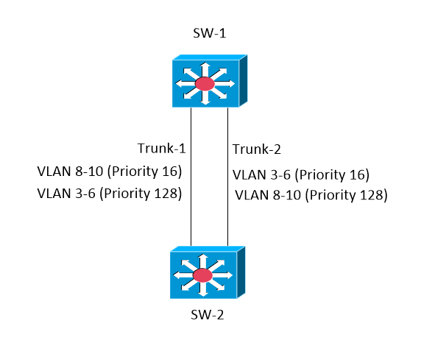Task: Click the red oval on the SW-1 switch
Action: tap(205, 84)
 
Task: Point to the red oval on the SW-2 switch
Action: tap(202, 276)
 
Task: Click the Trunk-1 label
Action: tap(160, 149)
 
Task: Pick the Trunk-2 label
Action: tap(257, 150)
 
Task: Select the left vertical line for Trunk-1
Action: tap(191, 177)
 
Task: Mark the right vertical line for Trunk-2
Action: tap(227, 177)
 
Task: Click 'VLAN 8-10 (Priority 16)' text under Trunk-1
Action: tap(109, 172)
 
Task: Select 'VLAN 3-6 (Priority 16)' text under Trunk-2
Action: tap(300, 175)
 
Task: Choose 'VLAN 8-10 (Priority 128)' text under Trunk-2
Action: tap(311, 195)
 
